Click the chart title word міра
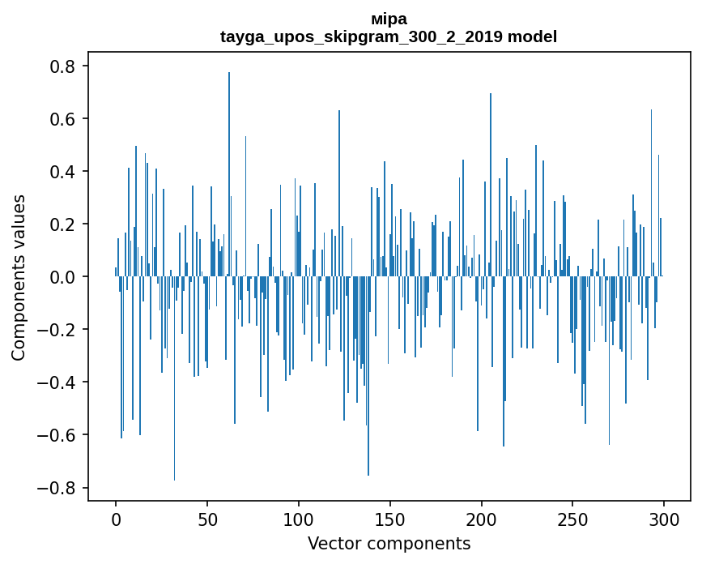pos(389,19)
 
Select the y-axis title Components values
pos(18,277)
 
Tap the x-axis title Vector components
pos(389,543)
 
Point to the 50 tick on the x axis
pos(207,519)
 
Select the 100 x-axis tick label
pos(299,519)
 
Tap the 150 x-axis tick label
pos(389,519)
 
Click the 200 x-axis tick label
pos(481,519)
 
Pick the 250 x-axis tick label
pos(572,519)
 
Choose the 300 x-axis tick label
pos(663,519)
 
